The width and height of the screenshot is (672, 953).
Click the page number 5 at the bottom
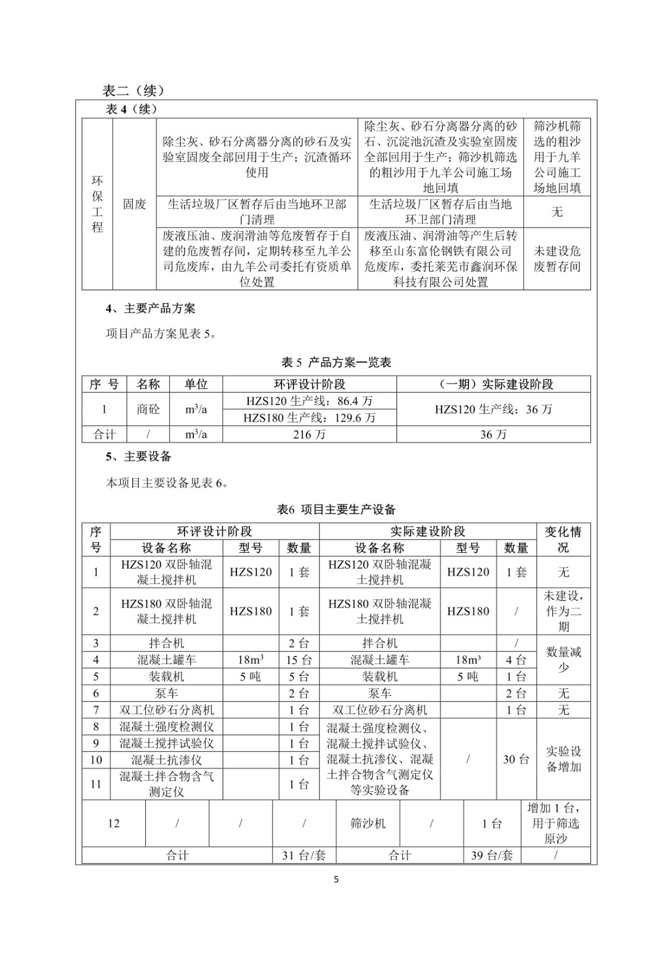pos(336,879)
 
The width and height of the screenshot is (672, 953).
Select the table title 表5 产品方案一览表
pos(336,362)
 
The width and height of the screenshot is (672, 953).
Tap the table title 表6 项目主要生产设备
pos(336,509)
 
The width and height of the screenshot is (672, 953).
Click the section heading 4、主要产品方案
pos(151,309)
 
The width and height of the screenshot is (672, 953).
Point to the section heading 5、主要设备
pos(139,456)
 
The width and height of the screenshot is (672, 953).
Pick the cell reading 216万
pos(310,434)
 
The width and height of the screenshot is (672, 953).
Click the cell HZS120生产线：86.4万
pos(310,401)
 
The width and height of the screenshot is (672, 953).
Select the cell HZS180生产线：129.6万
pos(310,418)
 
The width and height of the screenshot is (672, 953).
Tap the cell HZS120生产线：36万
pos(493,409)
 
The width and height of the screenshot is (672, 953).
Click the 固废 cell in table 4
pos(135,204)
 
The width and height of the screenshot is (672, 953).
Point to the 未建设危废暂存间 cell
pos(557,259)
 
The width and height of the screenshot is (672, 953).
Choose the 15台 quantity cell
pos(299,660)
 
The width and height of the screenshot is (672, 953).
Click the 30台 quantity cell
pos(516,759)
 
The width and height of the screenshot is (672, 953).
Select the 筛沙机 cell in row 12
pos(368,823)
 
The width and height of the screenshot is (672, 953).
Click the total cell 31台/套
pos(304,855)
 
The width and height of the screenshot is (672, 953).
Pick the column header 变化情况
pos(563,540)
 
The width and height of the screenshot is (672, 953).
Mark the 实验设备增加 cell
pos(563,759)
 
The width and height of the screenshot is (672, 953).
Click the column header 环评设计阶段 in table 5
pos(310,384)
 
